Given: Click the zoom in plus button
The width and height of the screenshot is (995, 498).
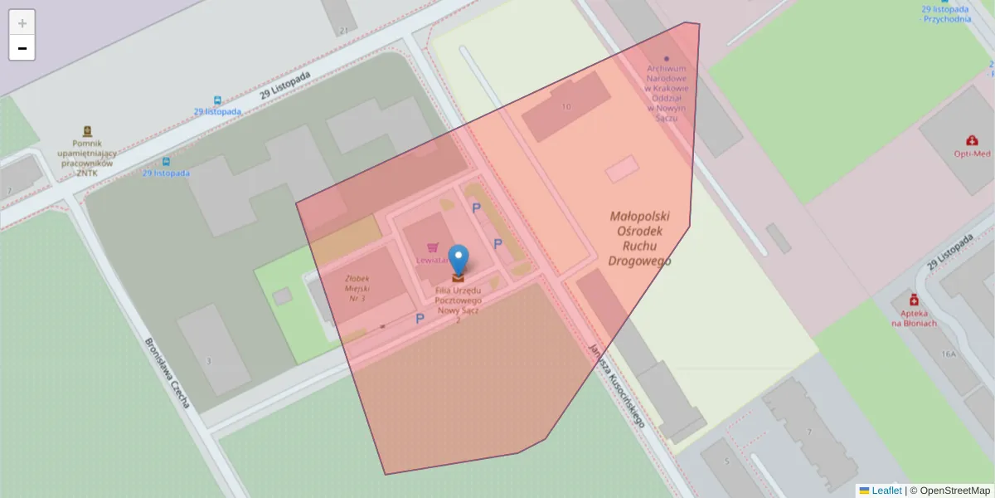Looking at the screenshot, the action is (x=22, y=22).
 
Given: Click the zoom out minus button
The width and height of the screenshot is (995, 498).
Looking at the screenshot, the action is (x=22, y=48).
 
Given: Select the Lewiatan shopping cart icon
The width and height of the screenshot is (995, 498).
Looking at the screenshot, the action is (x=432, y=247).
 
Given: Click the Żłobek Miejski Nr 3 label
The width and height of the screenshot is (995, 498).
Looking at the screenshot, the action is (x=359, y=288).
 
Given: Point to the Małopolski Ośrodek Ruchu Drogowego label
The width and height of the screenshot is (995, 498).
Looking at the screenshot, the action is (x=639, y=238).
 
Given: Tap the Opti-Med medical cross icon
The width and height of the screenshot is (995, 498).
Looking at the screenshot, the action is (x=973, y=141).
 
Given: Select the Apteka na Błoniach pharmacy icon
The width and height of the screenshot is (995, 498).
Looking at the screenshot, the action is (x=914, y=300).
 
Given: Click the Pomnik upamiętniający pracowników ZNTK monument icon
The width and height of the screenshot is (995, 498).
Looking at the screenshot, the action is (x=87, y=131).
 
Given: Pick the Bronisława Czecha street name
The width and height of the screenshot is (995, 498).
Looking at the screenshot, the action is (x=167, y=373).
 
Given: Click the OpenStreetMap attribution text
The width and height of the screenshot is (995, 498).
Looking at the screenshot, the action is (x=949, y=491).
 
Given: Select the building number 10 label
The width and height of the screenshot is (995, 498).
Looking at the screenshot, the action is (x=566, y=107).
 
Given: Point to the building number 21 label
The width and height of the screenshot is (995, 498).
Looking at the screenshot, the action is (x=343, y=31).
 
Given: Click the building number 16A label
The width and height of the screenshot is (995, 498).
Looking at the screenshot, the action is (x=949, y=353).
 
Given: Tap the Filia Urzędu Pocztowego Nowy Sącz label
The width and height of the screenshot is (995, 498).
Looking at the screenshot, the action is (x=459, y=300).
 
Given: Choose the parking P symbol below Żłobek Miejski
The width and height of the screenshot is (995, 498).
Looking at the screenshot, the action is (x=420, y=319).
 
